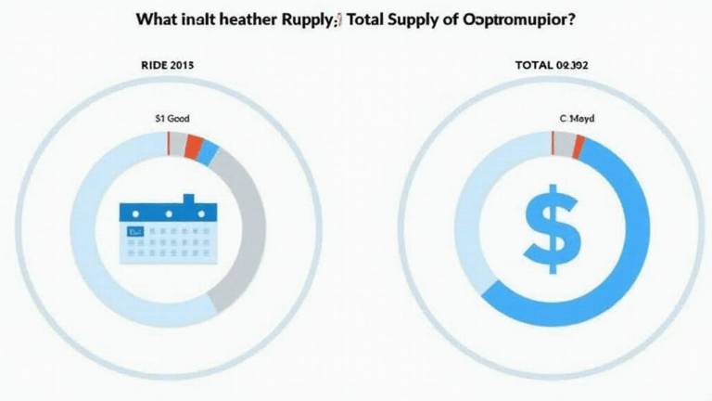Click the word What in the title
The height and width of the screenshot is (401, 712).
[158, 19]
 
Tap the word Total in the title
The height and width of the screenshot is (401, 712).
[367, 19]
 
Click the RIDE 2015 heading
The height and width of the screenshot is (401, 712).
[168, 66]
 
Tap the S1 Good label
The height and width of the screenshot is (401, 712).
[168, 119]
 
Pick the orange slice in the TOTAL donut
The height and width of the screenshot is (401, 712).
[578, 146]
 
